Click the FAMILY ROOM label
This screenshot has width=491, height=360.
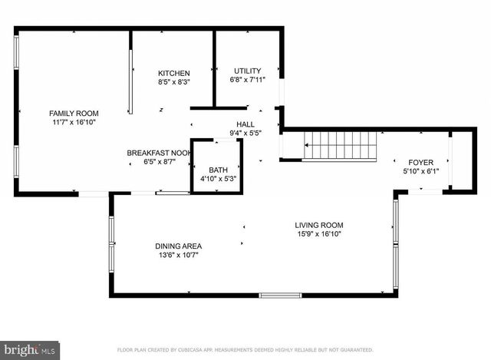pos(74,113)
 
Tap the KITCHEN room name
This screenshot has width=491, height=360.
pos(174,73)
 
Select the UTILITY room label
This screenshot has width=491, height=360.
pos(247,71)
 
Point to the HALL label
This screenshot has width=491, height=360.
pos(245,124)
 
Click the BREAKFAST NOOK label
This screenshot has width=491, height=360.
pos(158,153)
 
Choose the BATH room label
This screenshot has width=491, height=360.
pos(218,170)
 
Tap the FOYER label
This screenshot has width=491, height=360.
pos(420,162)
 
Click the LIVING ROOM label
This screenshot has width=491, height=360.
pos(318,226)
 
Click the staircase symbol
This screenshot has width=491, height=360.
pos(341,145)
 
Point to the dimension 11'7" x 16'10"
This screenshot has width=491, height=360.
pos(74,122)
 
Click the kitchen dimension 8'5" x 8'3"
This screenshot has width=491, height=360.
pos(174,81)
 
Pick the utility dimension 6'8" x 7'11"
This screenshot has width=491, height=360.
pos(247,79)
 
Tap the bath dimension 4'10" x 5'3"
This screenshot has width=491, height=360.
pos(218,178)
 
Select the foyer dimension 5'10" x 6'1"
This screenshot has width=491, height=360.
pos(420,170)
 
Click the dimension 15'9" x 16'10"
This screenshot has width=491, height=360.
pos(318,234)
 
